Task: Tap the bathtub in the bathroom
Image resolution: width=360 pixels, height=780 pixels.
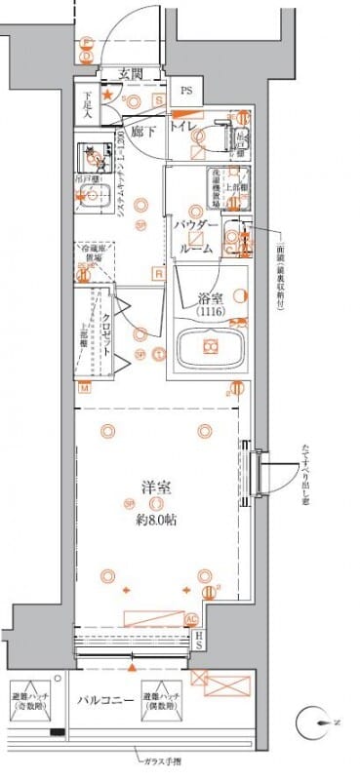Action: point(210,347)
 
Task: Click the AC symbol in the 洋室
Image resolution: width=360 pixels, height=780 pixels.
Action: point(192,618)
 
